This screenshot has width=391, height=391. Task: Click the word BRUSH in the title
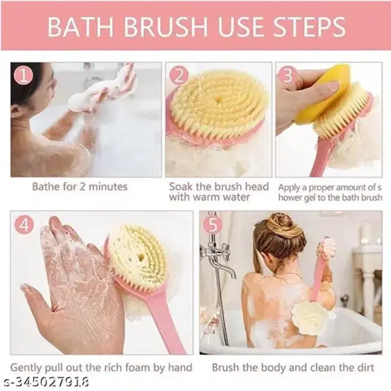click(166, 26)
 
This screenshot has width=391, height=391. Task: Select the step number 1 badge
click(24, 75)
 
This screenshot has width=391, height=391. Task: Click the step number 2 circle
click(179, 76)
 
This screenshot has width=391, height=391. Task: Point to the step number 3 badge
click(288, 76)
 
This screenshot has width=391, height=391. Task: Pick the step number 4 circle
click(24, 225)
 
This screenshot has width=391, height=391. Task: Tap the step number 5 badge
click(213, 225)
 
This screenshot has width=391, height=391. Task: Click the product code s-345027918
click(45, 382)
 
